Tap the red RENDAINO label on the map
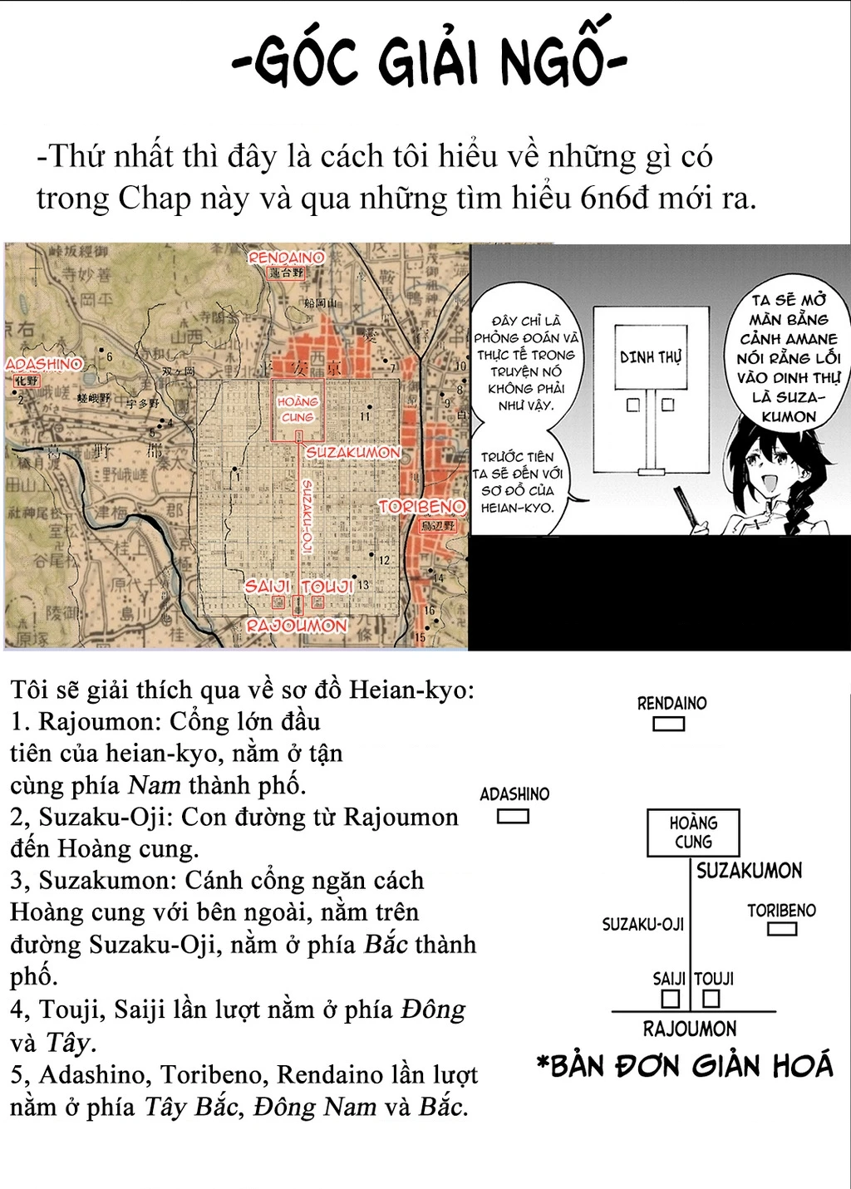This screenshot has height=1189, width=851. (286, 258)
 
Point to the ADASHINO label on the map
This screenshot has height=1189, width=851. (44, 364)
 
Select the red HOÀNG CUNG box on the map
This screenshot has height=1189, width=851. (297, 410)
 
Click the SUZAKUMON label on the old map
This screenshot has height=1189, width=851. (353, 453)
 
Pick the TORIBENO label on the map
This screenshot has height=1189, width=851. (422, 506)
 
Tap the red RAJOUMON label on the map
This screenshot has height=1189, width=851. (297, 626)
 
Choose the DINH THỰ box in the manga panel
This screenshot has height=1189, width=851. (651, 357)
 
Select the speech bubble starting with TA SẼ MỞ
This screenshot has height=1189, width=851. (789, 357)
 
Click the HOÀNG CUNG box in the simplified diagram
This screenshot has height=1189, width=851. (693, 833)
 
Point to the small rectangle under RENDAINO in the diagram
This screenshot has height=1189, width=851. (668, 724)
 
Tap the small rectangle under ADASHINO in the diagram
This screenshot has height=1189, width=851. (513, 816)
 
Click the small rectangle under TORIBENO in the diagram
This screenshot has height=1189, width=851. (782, 928)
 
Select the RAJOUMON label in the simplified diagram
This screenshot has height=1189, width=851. (690, 1029)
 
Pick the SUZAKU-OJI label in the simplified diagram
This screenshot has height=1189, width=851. (642, 924)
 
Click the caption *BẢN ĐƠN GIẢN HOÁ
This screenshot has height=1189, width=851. (685, 1066)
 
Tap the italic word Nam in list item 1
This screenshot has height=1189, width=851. (154, 785)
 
